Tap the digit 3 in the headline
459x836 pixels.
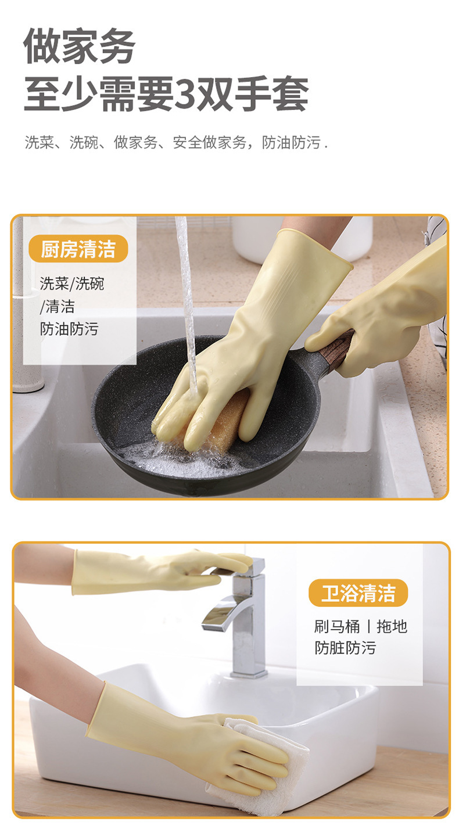click(x=185, y=94)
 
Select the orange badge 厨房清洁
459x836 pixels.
click(x=78, y=249)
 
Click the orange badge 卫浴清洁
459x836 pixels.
click(x=358, y=593)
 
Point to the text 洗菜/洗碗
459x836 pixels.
click(x=72, y=284)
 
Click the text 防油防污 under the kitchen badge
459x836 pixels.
click(x=69, y=329)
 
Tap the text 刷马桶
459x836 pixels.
click(x=337, y=626)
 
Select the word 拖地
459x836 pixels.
click(x=392, y=626)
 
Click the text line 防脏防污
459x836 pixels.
click(x=345, y=648)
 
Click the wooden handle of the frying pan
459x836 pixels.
click(x=335, y=350)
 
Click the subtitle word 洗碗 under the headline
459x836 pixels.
click(x=84, y=142)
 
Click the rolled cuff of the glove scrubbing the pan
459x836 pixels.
click(x=317, y=246)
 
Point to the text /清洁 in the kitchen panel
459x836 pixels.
click(x=58, y=306)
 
